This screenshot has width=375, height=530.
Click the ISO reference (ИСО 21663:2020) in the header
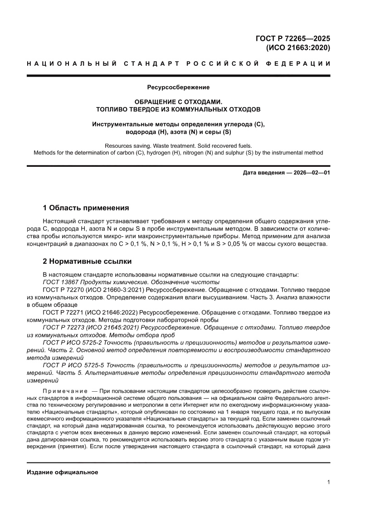click(x=297, y=48)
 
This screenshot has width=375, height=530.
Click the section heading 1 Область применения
click(x=86, y=208)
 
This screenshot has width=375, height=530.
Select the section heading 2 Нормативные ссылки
click(x=87, y=262)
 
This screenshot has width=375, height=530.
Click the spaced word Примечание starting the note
click(x=65, y=391)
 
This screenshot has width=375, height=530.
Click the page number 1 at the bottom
click(x=328, y=482)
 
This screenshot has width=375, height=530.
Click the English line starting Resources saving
click(x=178, y=146)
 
